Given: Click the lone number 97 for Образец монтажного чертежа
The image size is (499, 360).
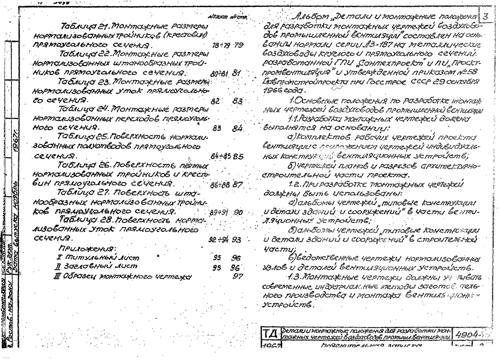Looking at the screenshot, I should click(x=237, y=277).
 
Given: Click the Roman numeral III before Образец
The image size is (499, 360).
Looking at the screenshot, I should click(x=57, y=277).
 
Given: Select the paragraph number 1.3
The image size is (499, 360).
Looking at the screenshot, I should click(x=295, y=278).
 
